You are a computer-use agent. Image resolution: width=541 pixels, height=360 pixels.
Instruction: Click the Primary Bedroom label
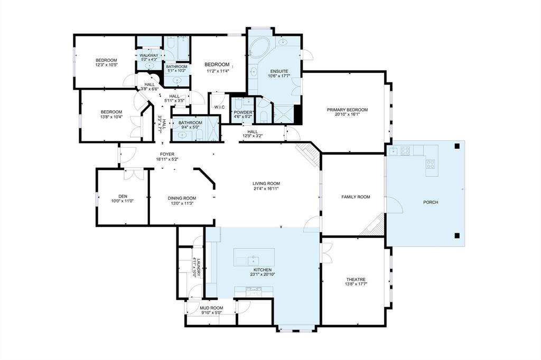coord(347,110)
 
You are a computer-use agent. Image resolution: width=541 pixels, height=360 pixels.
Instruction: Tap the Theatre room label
coord(356,279)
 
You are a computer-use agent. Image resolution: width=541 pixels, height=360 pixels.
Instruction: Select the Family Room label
coord(356,197)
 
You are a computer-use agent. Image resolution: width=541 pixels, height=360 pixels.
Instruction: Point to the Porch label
coord(431,202)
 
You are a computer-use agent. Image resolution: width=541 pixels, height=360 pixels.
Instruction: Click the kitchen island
coord(254,257)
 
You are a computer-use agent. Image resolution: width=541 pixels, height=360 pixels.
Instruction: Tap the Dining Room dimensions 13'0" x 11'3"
coord(182,203)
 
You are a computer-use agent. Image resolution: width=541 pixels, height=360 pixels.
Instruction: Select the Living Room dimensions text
coord(266,188)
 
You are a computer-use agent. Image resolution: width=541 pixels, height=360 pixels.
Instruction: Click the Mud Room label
coord(211,308)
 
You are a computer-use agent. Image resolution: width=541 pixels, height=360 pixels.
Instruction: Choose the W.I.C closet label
coord(219,107)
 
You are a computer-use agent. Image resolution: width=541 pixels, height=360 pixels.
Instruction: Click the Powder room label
coord(243,112)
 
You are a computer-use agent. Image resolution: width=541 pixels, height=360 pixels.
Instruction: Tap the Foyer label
coord(167,154)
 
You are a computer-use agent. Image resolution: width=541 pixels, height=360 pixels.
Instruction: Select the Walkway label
coord(149,55)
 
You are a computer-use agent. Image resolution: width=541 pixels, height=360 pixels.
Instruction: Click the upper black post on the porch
coord(457,146)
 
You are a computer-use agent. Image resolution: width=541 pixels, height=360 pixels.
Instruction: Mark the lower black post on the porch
coord(457,236)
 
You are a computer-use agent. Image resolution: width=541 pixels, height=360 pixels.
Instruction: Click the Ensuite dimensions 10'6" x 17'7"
coord(279,76)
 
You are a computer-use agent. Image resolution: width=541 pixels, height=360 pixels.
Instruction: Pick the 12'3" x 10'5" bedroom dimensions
coord(106,64)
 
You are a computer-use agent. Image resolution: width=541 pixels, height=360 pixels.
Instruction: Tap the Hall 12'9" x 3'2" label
coord(253,131)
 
